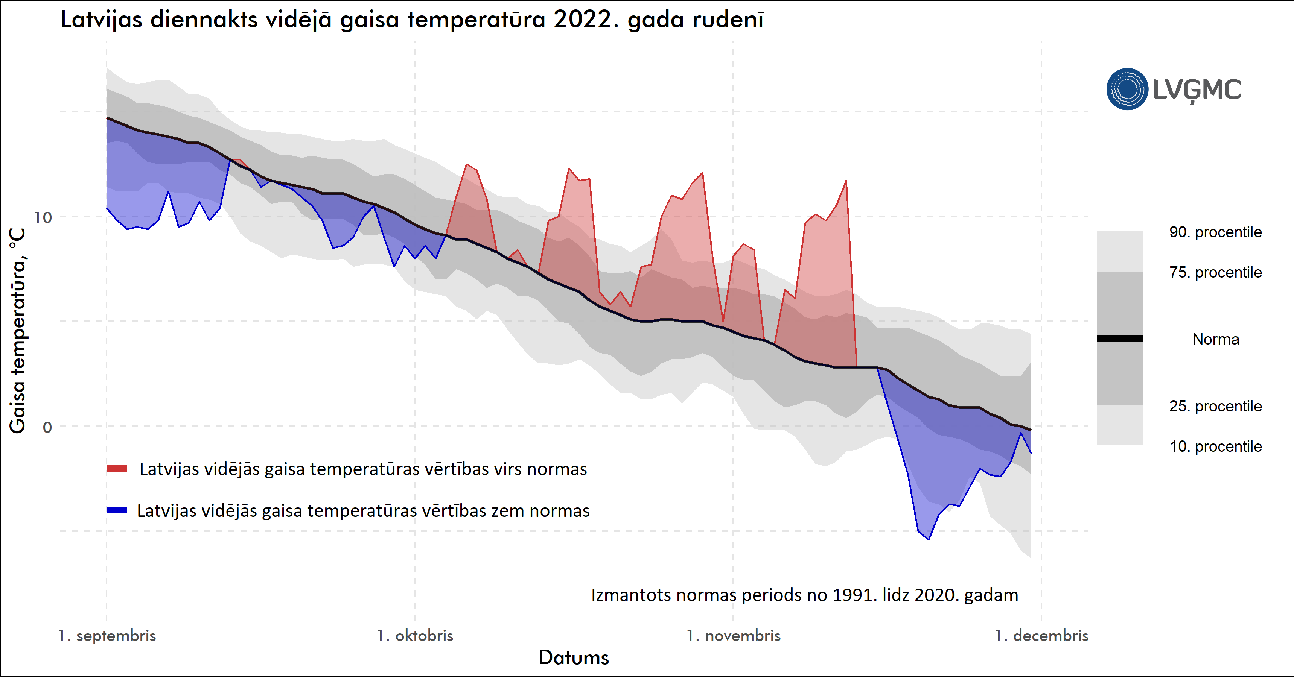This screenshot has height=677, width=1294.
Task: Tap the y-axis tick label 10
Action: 43,217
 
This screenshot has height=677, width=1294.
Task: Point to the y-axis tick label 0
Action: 47,427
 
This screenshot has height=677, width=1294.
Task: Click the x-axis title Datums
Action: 574,657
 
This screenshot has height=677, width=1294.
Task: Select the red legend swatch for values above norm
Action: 117,469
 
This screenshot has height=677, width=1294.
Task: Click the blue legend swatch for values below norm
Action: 117,510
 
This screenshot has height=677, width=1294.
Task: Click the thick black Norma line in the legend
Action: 1119,338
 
